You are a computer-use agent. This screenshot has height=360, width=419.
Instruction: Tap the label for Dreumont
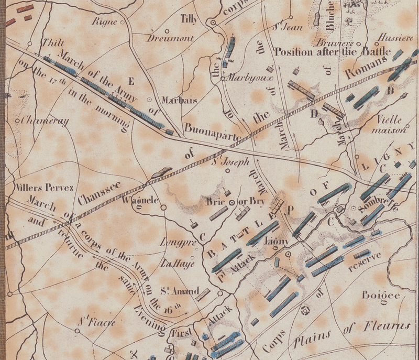pos(170,38)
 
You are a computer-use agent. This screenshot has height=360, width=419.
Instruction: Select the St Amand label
pos(180,291)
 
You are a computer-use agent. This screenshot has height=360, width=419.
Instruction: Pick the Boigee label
pos(380,295)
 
